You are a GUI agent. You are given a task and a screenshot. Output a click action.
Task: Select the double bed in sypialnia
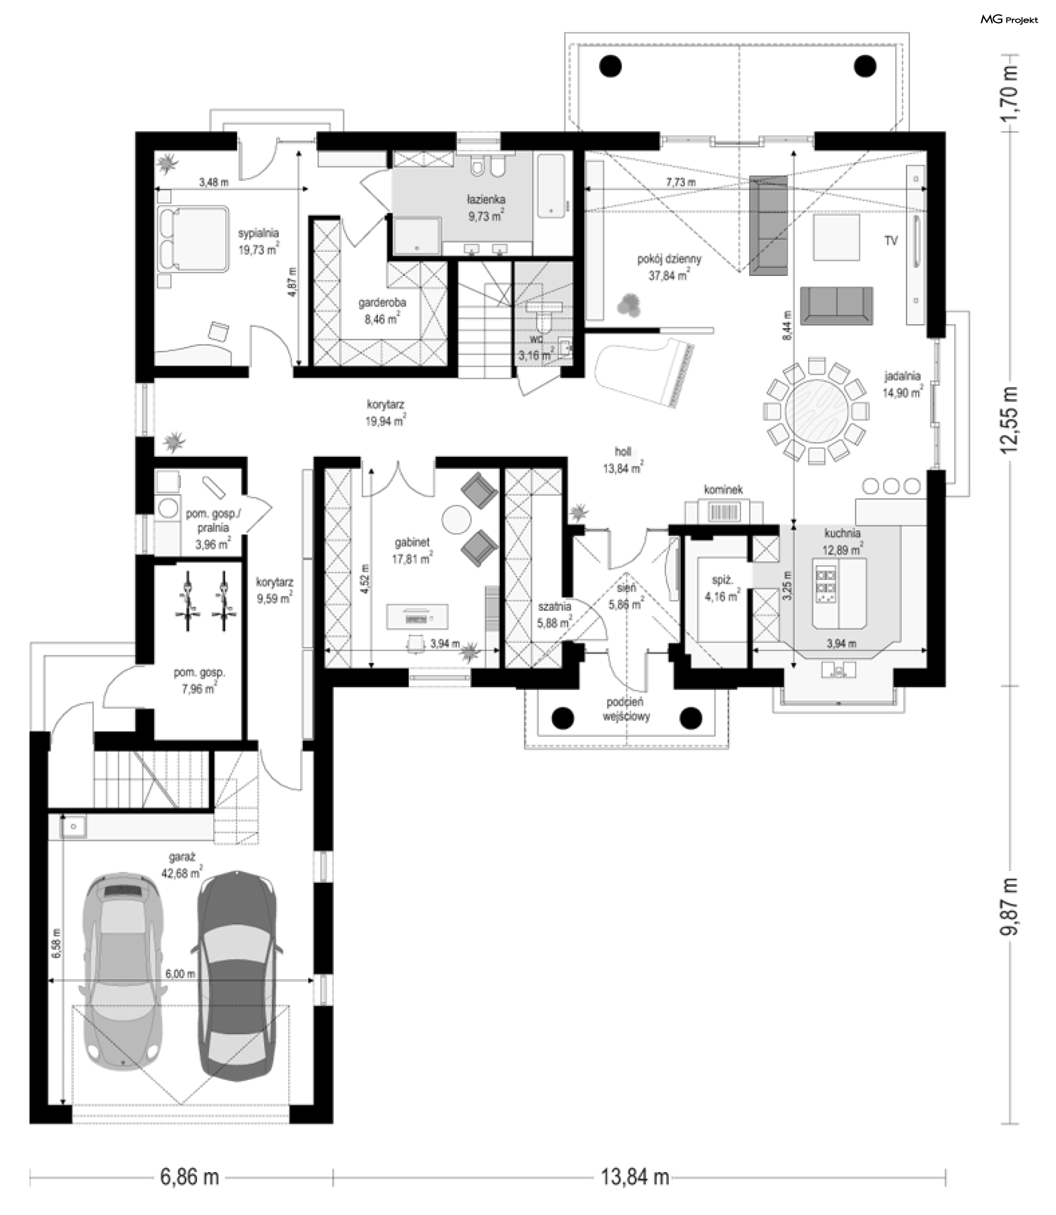click(x=193, y=239)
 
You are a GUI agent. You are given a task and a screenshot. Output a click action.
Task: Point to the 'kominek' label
click(x=723, y=489)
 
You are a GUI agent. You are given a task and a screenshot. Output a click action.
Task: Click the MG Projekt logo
click(x=1009, y=19)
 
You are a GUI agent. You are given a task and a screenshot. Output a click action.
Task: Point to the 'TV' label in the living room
click(x=890, y=241)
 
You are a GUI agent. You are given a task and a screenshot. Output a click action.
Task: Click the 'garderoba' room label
click(x=382, y=303)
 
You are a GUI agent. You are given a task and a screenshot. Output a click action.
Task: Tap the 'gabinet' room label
click(x=411, y=543)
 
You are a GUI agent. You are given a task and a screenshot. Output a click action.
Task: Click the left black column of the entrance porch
click(x=562, y=717)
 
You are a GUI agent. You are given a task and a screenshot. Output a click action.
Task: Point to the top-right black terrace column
click(x=866, y=65)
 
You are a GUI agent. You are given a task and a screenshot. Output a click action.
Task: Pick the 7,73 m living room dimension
click(x=681, y=183)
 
